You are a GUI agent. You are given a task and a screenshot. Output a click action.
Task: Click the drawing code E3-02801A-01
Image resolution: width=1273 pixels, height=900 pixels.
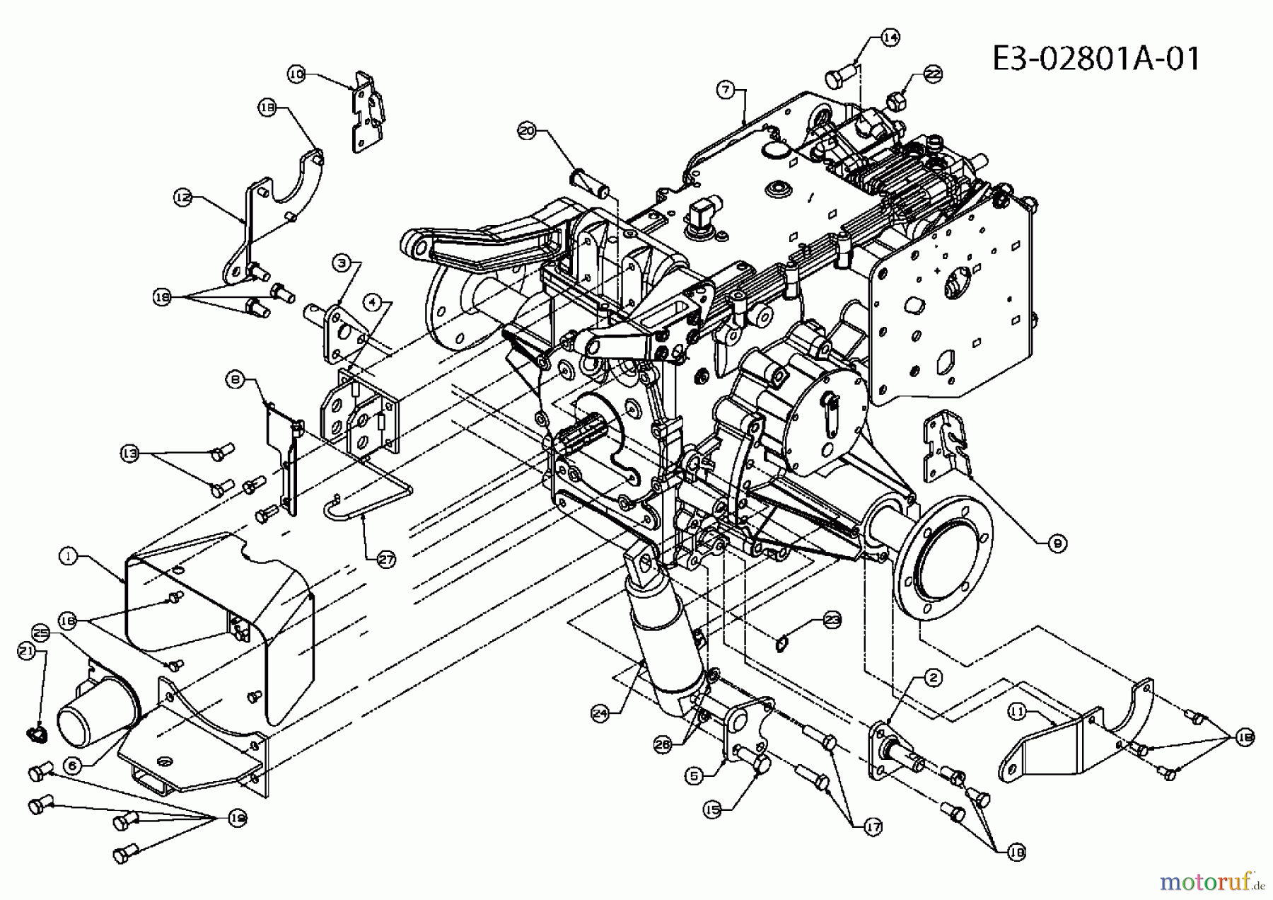pos(1095,58)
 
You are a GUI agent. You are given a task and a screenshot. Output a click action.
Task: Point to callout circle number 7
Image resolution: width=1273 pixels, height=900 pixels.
pos(724,89)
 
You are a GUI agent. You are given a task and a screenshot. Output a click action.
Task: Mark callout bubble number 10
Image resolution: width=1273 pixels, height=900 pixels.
pos(296,73)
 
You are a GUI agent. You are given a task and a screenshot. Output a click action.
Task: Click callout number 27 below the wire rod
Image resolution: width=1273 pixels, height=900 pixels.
pos(386,559)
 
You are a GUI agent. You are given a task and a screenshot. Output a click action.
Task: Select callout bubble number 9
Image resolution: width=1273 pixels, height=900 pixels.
pos(1057,543)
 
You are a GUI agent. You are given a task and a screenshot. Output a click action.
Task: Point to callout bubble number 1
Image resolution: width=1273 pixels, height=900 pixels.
pos(68,557)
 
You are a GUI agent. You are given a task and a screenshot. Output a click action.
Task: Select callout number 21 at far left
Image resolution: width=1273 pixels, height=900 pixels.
pos(25,652)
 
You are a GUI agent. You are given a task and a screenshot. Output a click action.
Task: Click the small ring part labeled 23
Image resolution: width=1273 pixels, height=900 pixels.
pos(781,644)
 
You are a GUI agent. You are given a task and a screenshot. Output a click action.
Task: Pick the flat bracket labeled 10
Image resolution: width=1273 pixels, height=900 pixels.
pos(368,113)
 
